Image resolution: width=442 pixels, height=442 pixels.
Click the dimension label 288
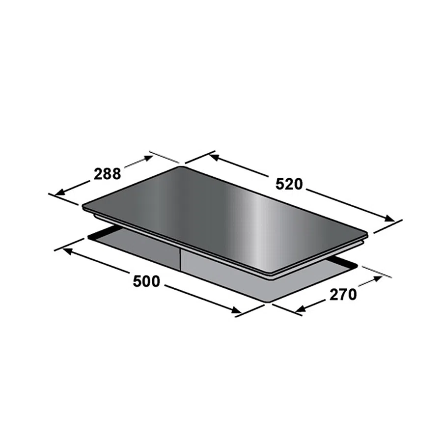point(107,174)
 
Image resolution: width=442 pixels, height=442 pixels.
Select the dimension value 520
point(289,184)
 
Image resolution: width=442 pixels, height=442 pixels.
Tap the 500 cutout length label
point(146,281)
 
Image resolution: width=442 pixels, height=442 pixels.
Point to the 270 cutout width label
point(343,295)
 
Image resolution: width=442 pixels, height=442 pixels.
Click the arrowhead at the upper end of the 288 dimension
point(148,158)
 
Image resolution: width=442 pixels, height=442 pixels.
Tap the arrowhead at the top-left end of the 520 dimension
point(214,157)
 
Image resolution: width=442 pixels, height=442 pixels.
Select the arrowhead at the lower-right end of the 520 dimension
point(389,218)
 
